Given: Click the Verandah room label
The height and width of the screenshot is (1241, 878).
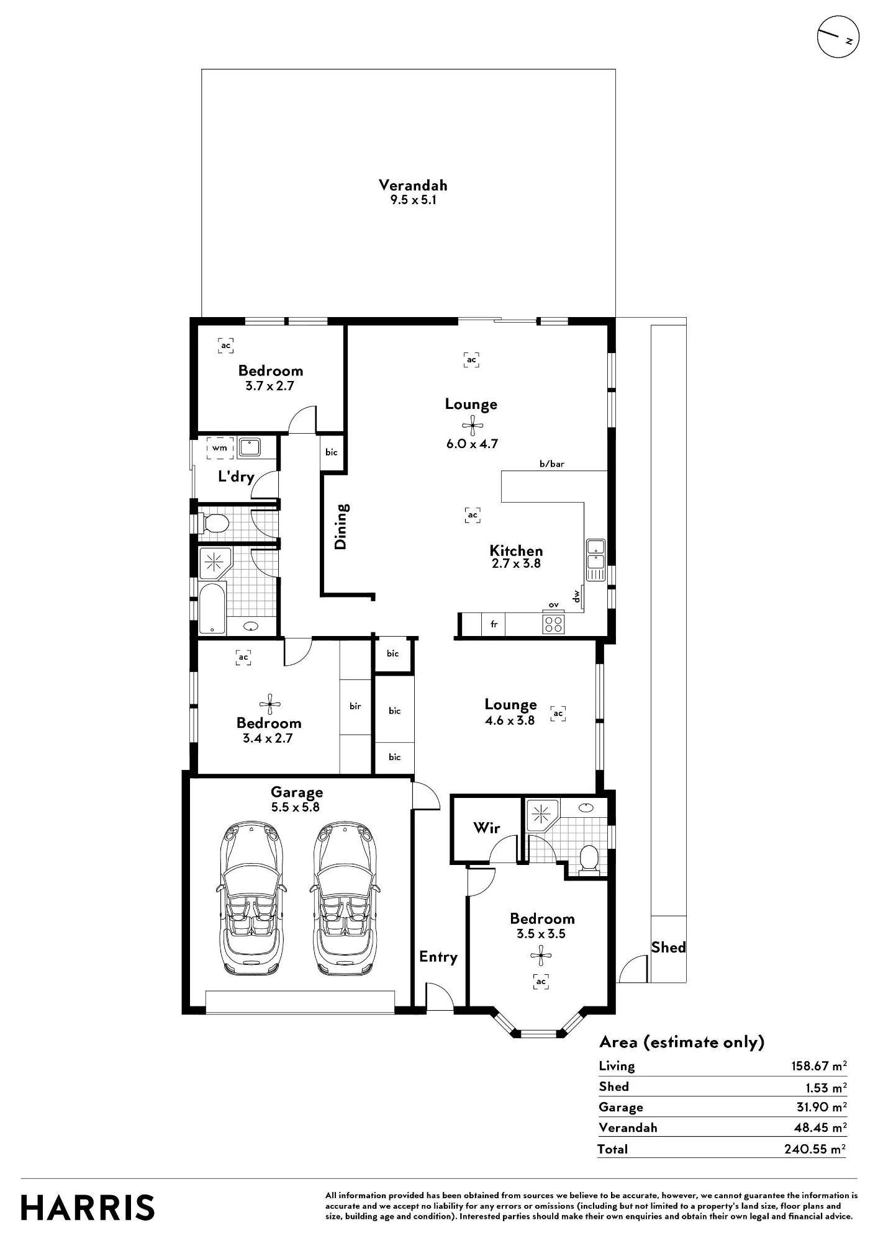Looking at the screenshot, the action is [413, 185].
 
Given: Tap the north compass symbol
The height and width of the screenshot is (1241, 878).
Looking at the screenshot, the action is [838, 37].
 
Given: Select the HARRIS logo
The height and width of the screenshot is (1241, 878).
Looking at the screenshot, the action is [88, 1208].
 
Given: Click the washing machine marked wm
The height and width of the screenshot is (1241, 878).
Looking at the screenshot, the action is [220, 447].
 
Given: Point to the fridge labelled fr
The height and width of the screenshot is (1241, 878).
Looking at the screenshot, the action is [494, 624].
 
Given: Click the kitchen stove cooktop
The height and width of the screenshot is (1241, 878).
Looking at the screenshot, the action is [553, 624].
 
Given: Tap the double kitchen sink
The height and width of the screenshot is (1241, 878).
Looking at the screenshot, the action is [595, 560].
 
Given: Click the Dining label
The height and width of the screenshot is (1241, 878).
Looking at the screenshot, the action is [341, 526].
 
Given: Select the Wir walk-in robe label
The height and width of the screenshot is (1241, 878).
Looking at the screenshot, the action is [486, 827].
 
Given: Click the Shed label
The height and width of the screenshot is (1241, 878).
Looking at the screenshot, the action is [668, 947].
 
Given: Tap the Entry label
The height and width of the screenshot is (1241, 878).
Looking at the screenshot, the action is [438, 957].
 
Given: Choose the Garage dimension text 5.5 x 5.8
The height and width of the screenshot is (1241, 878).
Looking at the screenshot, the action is [296, 807].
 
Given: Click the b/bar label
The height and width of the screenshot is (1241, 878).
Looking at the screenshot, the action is [552, 464].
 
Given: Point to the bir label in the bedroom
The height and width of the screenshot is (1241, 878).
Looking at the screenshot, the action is [355, 706].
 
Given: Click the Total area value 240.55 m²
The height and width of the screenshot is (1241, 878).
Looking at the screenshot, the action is [815, 1149].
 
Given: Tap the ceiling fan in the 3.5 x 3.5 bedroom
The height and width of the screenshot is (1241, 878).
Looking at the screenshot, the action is [541, 956].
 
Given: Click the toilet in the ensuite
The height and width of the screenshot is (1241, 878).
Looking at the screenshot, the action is [588, 858].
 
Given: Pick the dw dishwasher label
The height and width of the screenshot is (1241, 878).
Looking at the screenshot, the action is [577, 596].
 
